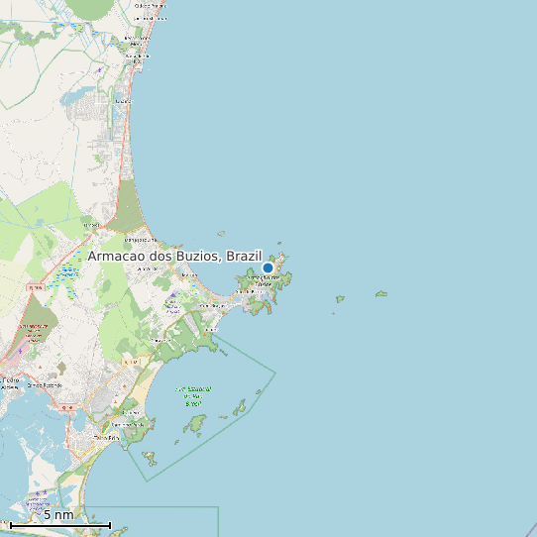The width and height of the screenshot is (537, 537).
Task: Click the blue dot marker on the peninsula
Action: tap(268, 268)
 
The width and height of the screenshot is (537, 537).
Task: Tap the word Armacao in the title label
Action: tap(120, 256)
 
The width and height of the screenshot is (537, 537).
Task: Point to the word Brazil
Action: tap(244, 256)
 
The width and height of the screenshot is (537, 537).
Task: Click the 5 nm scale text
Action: tap(57, 514)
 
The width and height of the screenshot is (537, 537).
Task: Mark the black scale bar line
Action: tap(59, 524)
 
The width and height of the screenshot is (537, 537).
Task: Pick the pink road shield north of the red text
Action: tap(35, 286)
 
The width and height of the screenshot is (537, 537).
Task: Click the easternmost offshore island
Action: tap(380, 293)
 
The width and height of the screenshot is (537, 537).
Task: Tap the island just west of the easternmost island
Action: tap(340, 298)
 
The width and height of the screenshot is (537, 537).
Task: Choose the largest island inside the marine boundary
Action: tap(194, 425)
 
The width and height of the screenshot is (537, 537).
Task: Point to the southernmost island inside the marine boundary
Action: tap(150, 458)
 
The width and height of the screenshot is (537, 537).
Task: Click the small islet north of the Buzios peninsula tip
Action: tap(279, 244)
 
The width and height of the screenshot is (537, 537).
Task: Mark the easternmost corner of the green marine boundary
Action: tap(274, 373)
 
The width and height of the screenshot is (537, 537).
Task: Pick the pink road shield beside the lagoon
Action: tap(67, 407)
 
